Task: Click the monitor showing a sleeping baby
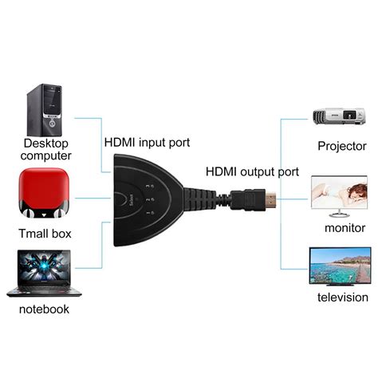coord(339,195)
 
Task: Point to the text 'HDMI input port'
coord(148,143)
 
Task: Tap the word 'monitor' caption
coord(345,227)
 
